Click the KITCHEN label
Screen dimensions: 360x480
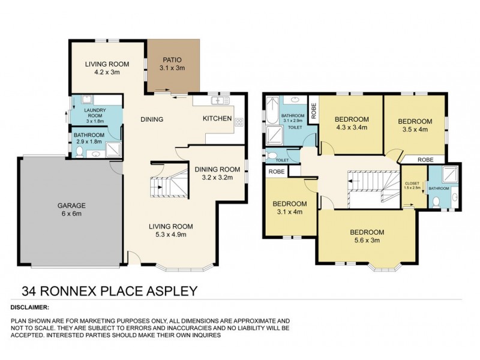click(217, 119)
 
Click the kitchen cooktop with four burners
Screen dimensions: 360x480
click(239, 121)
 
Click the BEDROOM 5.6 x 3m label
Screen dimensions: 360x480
click(367, 236)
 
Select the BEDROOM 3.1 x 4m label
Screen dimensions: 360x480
click(290, 207)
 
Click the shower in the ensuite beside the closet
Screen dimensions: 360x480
click(447, 175)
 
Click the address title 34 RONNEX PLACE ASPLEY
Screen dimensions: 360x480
click(110, 292)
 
